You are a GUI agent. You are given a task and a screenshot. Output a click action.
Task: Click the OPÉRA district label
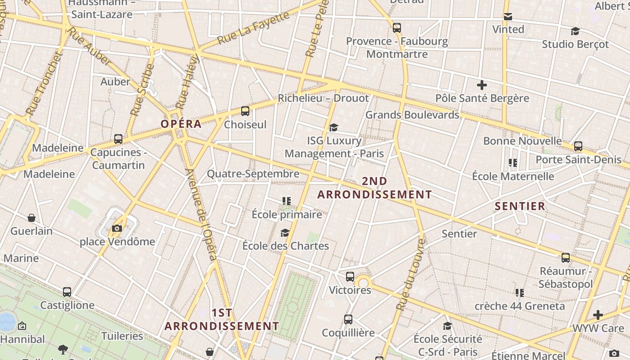click(x=181, y=124)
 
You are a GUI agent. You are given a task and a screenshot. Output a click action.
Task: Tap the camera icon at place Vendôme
click(x=117, y=228)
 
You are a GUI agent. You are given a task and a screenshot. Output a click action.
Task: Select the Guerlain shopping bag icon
click(x=31, y=218)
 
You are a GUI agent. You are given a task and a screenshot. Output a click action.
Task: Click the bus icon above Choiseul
click(x=245, y=111)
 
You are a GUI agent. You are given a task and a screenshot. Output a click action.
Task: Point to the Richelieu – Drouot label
click(x=323, y=98)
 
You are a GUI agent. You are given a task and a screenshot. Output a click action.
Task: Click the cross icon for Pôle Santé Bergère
click(x=482, y=85)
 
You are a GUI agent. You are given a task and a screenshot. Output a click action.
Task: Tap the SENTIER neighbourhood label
click(x=520, y=207)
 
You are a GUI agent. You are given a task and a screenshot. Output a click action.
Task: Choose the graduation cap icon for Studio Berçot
click(x=575, y=31)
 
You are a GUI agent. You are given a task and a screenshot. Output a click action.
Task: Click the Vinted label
click(x=508, y=30)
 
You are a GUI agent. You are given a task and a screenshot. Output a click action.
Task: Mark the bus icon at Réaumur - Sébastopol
click(x=566, y=258)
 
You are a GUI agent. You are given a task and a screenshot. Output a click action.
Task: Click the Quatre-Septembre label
click(x=253, y=174)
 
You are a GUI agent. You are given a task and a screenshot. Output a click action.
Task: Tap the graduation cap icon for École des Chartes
click(x=285, y=233)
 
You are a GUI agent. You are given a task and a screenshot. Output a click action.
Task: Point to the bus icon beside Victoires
click(x=350, y=277)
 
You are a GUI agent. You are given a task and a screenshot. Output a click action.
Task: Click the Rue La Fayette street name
click(x=253, y=28)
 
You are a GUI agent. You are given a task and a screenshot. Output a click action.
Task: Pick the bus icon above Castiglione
click(x=67, y=292)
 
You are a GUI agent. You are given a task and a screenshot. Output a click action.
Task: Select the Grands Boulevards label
click(x=412, y=115)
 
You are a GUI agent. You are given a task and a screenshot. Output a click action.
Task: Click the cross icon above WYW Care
click(x=598, y=315)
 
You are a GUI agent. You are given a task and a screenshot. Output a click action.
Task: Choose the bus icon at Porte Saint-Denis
click(x=578, y=146)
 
